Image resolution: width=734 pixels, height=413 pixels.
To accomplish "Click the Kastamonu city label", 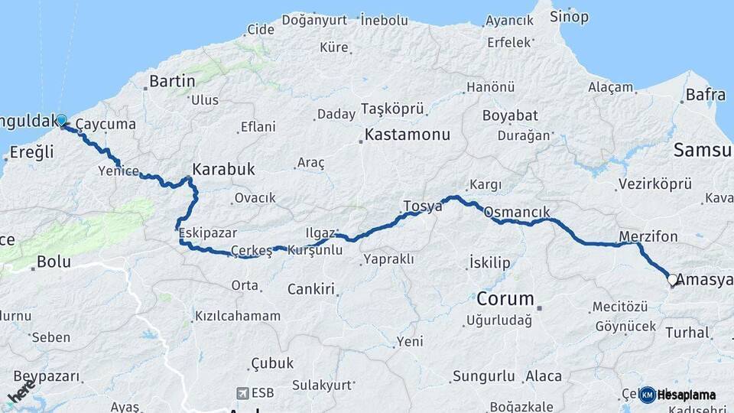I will [x=407, y=135].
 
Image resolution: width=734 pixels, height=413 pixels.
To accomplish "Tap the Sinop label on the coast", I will [x=570, y=16].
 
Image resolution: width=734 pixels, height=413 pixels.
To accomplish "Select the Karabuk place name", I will [x=223, y=169].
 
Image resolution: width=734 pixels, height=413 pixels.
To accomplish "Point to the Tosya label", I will [x=423, y=206].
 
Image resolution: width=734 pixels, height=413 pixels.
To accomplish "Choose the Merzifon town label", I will [x=648, y=236].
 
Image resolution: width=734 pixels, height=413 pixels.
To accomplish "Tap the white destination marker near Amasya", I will [x=673, y=280].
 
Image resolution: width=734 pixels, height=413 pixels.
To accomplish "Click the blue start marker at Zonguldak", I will [x=61, y=121].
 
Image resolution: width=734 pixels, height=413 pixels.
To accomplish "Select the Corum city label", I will [x=505, y=298].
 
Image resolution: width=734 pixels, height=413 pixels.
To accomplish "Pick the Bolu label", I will [x=54, y=262].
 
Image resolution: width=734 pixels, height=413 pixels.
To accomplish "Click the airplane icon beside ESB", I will [x=244, y=392].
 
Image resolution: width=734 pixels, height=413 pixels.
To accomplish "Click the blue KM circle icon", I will [x=647, y=395].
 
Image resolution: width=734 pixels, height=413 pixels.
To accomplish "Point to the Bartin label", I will [x=173, y=80].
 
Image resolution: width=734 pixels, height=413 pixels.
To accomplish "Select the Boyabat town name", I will [x=510, y=116].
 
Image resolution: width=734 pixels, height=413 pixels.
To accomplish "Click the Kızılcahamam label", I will [x=238, y=316].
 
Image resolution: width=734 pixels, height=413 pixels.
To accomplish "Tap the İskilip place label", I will [x=489, y=263].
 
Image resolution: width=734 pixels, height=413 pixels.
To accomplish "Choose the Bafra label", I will [x=705, y=95].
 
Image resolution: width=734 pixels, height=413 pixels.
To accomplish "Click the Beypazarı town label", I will [x=47, y=376].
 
